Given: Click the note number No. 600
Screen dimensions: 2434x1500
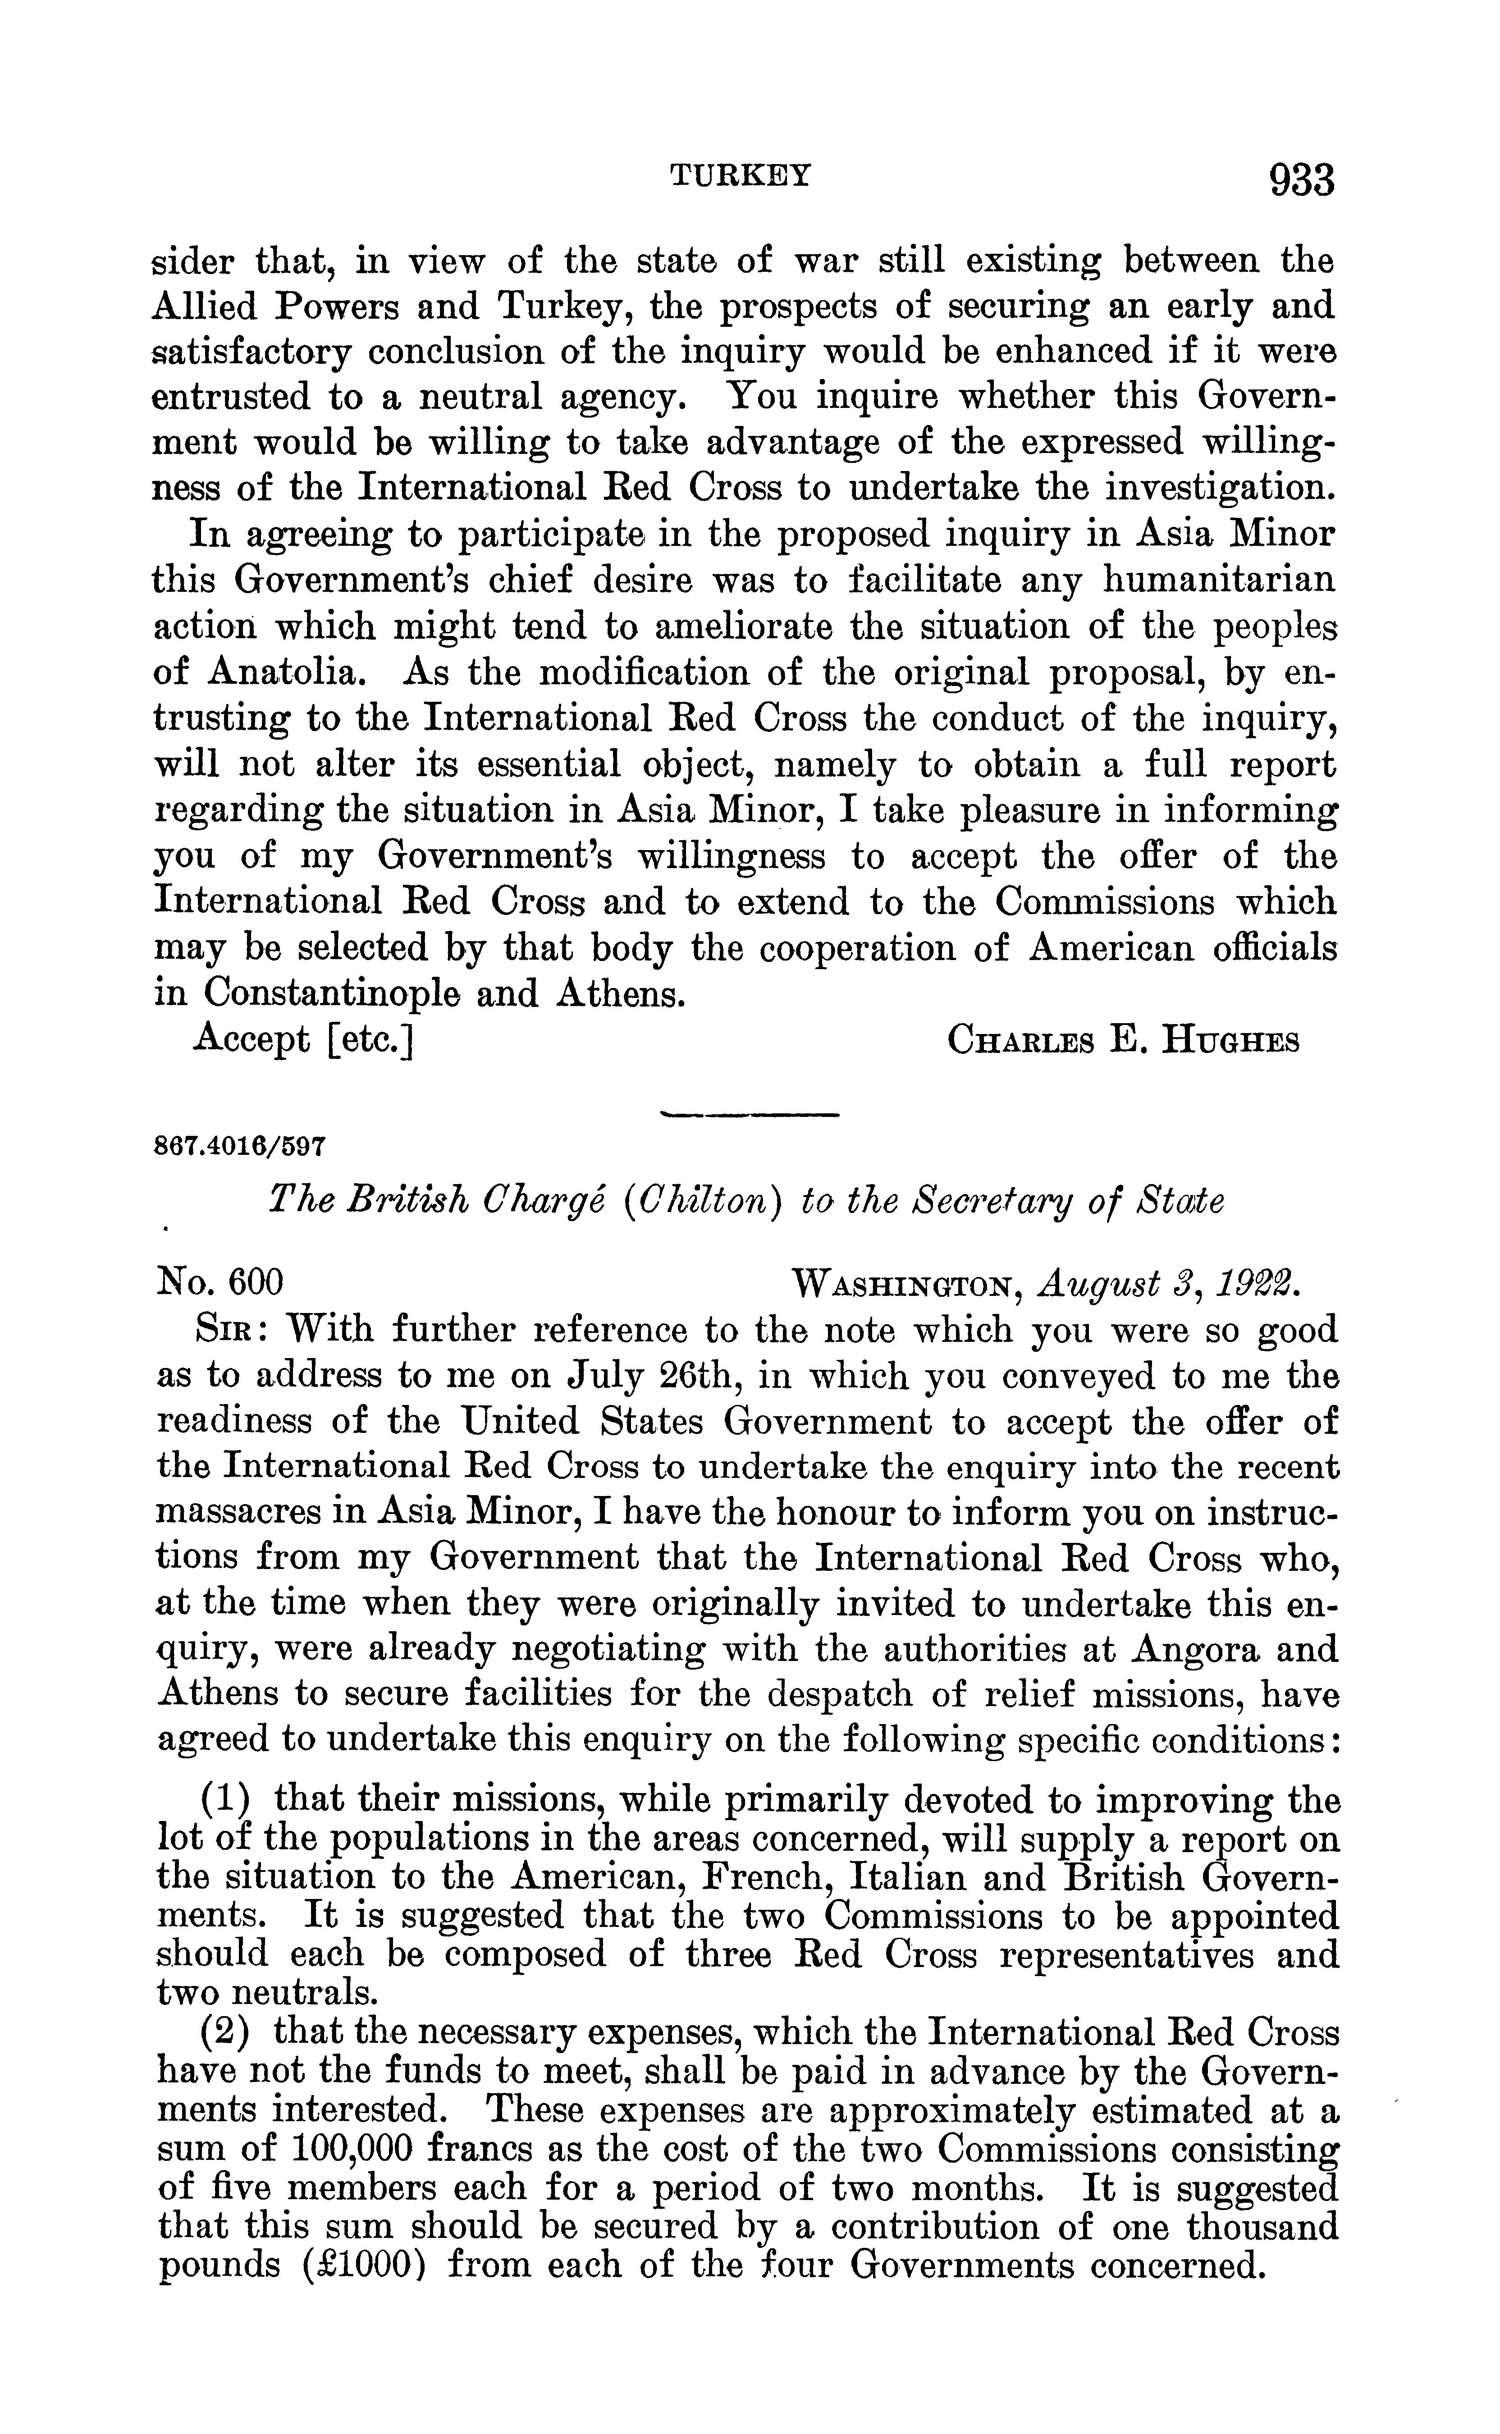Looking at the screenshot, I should pyautogui.click(x=220, y=1282).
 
